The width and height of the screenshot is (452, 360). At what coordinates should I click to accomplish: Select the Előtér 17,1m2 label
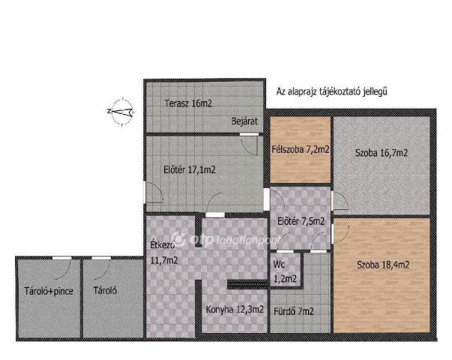pos(189,170)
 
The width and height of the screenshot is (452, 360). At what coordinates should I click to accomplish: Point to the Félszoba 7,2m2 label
pos(300,150)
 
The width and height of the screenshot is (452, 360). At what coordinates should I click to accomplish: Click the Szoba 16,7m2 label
pos(382,153)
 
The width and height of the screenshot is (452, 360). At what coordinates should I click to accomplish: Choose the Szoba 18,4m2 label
pos(382,265)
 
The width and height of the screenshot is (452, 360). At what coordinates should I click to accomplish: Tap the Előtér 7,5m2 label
pos(301,221)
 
